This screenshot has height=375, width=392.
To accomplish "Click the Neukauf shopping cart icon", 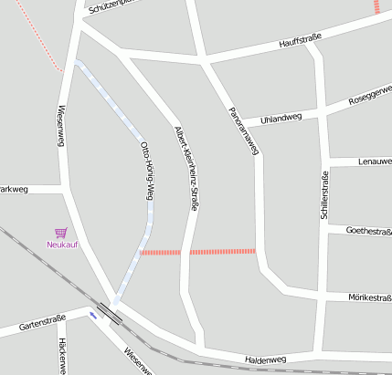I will point(61,233).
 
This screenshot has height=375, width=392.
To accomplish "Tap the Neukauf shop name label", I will point(62,245).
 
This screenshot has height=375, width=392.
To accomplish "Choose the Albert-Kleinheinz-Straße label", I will point(185,169).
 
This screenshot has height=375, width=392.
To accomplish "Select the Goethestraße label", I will point(368,231).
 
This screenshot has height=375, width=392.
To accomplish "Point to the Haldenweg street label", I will point(266,360).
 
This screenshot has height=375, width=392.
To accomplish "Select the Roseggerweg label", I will point(369,93).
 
